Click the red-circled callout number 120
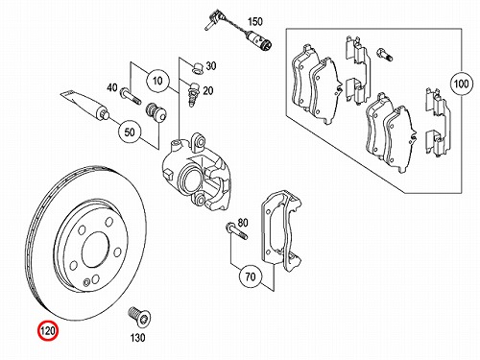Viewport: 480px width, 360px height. coord(48,330)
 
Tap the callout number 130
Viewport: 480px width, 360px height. coord(137,338)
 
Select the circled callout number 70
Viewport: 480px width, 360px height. coord(251,276)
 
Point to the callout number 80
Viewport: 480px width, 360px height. coord(243,223)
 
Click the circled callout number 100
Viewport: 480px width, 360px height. coord(461,84)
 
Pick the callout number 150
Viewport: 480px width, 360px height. coord(255,22)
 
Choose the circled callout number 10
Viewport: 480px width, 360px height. coord(157,81)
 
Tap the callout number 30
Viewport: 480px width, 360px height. coord(211,66)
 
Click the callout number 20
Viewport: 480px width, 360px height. coord(208,91)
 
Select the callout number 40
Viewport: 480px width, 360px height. coord(112,87)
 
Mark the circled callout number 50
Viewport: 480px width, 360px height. coord(130,132)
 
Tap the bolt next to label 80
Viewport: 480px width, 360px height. coord(237,231)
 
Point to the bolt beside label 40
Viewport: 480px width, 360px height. coord(131,96)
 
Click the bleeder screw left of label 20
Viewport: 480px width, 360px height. coord(194,95)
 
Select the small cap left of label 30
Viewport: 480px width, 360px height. coord(197,68)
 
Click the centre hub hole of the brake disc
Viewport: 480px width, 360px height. coord(94,250)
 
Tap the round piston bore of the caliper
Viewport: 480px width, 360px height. coord(190,180)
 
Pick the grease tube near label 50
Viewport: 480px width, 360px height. coord(85,106)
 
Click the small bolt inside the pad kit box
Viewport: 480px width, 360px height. coord(385,54)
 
